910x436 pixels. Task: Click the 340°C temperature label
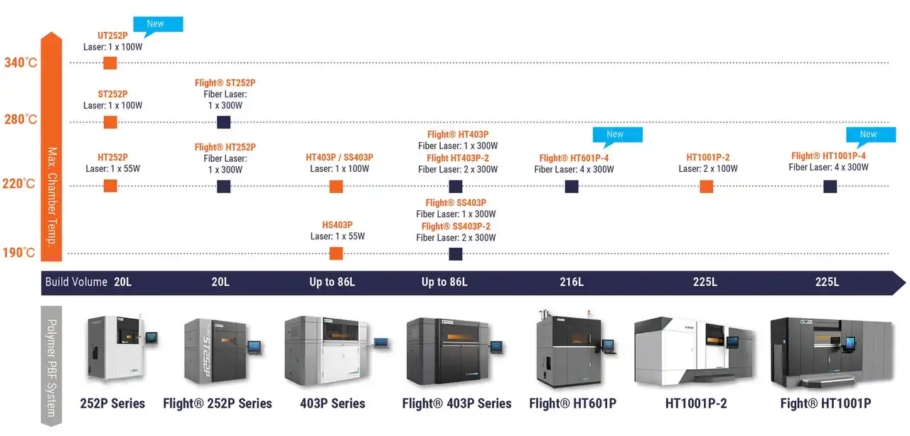point(21,62)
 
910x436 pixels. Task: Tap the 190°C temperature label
point(18,253)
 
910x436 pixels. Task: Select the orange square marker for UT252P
point(109,63)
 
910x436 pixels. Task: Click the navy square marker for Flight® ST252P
point(223,122)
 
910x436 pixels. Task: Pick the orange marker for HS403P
point(336,254)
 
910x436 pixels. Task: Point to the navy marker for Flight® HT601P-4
point(572,187)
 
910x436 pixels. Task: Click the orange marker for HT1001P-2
point(707,187)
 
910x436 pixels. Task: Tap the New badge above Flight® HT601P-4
point(617,135)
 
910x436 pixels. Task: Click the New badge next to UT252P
point(158,25)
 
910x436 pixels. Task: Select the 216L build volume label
point(572,282)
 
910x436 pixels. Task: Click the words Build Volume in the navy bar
point(76,282)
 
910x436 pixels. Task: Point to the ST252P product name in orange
point(112,94)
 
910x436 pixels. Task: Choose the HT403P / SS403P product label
point(339,157)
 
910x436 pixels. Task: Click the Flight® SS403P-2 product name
point(456,226)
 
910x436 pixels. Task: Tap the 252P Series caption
point(112,403)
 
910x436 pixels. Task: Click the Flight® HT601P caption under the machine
point(573,403)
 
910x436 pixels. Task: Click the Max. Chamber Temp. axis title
point(52,197)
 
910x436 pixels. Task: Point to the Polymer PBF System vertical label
point(52,368)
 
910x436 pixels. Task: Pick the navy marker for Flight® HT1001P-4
point(830,187)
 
